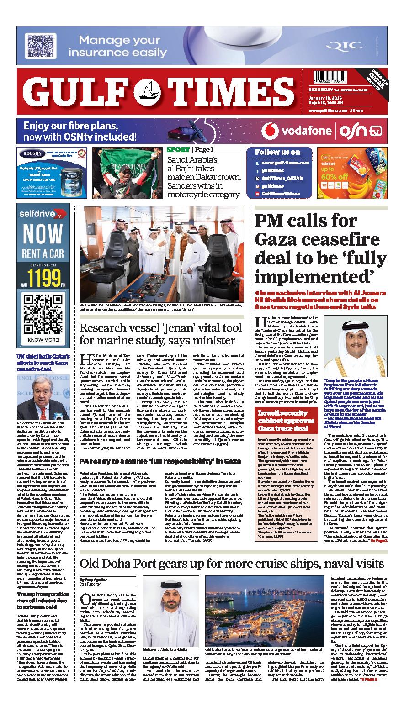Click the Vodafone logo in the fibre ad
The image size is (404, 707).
coord(272,131)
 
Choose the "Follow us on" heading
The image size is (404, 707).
coord(277,152)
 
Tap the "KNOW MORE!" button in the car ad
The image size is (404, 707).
coord(43,340)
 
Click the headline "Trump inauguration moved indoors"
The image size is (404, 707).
coord(43,597)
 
